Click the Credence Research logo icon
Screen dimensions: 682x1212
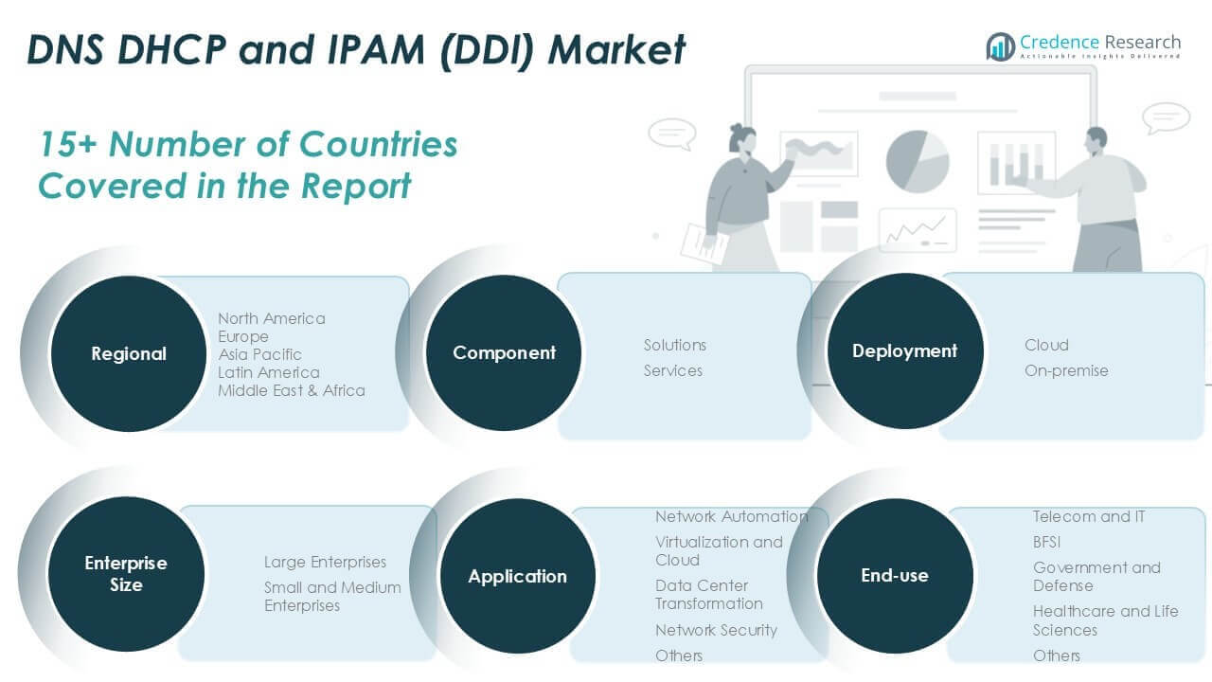[1000, 45]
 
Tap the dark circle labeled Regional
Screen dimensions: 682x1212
[128, 353]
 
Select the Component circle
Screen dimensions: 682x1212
[504, 352]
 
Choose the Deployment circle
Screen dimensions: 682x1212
[904, 351]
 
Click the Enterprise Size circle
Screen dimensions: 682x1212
[126, 574]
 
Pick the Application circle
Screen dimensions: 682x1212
[517, 576]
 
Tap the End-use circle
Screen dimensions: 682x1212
[894, 575]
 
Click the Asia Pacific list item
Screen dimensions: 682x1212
[259, 354]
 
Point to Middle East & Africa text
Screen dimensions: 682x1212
[291, 390]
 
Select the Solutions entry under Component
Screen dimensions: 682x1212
[675, 345]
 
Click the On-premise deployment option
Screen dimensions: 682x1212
[1065, 370]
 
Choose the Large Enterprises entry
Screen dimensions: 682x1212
[325, 562]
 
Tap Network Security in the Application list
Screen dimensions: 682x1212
[716, 630]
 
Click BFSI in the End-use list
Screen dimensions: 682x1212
[1046, 542]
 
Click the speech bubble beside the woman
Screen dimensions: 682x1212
[671, 134]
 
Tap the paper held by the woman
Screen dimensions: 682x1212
[703, 243]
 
